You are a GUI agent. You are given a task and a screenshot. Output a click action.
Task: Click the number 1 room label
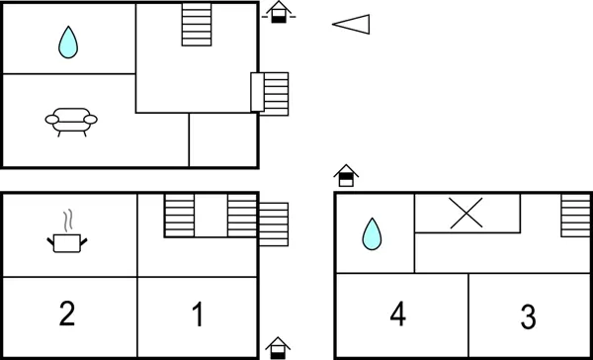(197, 315)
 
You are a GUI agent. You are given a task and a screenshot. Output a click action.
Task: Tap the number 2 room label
(66, 315)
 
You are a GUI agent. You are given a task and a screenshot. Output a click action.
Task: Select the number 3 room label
(528, 318)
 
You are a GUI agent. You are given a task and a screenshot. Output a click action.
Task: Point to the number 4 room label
(397, 315)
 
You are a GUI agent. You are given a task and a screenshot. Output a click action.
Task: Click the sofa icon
(71, 121)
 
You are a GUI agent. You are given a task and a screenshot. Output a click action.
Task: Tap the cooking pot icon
(67, 239)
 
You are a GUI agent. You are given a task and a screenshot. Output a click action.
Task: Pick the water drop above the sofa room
(67, 43)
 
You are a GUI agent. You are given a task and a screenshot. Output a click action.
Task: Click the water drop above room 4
(372, 234)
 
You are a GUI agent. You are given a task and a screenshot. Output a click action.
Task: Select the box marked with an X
(466, 213)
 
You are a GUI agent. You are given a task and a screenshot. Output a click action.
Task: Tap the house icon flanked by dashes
(280, 13)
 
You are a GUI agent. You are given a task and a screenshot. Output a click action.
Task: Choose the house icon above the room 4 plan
(345, 176)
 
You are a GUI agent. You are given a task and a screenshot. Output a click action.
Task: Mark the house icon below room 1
(279, 347)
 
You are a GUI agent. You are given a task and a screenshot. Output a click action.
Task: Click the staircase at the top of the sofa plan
(197, 25)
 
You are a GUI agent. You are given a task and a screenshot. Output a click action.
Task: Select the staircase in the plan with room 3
(574, 215)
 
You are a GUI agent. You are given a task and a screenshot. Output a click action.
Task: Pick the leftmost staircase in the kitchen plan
(179, 215)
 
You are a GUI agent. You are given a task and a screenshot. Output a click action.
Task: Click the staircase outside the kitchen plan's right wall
(273, 223)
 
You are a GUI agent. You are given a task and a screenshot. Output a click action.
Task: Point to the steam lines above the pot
(67, 219)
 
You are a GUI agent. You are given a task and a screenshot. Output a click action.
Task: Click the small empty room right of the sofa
(223, 139)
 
